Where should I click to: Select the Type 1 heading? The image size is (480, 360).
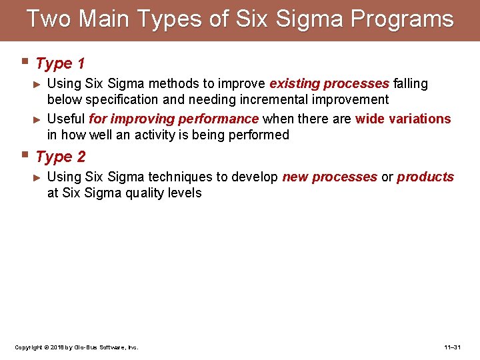coord(60,64)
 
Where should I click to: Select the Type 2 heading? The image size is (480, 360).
coord(60,157)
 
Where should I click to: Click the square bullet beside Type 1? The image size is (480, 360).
coord(25,63)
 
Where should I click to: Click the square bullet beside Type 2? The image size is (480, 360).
coord(25,156)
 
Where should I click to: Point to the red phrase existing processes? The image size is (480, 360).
coord(329,84)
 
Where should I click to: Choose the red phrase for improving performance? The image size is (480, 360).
coord(173,119)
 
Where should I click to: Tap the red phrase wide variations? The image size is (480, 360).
coord(403,119)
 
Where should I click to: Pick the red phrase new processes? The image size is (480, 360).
coord(329,177)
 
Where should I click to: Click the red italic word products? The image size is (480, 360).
coord(425,177)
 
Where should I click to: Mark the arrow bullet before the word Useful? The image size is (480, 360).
coord(37,119)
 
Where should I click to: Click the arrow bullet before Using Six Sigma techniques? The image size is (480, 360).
coord(37,177)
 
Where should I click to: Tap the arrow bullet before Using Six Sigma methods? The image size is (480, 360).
coord(37,84)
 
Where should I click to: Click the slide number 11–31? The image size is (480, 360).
coord(452,347)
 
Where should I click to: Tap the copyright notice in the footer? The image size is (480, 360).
coord(76,347)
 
